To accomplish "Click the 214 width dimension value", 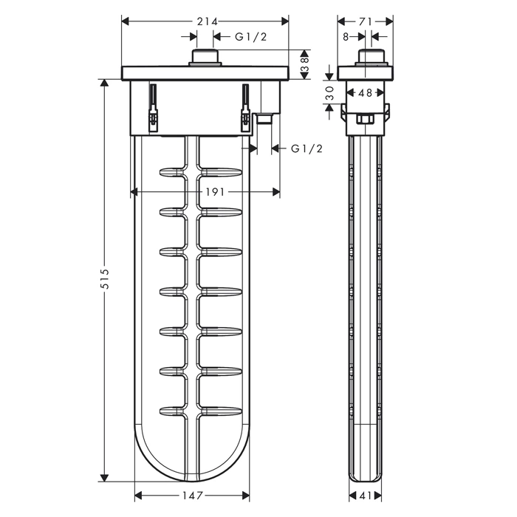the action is click(x=208, y=21).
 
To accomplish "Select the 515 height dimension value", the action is click(x=105, y=279).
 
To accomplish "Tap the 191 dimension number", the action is click(x=215, y=191).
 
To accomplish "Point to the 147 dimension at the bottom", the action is click(x=192, y=496).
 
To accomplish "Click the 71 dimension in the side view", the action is click(x=366, y=21).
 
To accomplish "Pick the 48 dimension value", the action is click(x=366, y=93).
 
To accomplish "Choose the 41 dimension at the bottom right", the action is click(x=366, y=496).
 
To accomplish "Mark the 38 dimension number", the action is click(x=304, y=65).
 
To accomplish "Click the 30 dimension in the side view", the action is click(x=329, y=93).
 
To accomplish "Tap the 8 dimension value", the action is click(x=346, y=37).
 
